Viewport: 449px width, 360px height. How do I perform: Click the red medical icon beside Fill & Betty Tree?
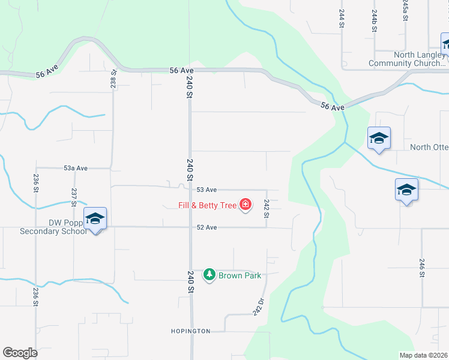pyautogui.click(x=245, y=205)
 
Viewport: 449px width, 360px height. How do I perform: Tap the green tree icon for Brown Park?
pyautogui.click(x=209, y=275)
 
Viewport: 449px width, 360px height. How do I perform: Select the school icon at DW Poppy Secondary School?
pyautogui.click(x=95, y=218)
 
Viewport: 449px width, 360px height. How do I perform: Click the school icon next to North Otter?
pyautogui.click(x=379, y=139)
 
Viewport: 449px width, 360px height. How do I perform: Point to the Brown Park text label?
pyautogui.click(x=240, y=276)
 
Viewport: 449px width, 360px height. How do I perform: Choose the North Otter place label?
pyautogui.click(x=429, y=148)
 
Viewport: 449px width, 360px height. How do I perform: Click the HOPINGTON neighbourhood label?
pyautogui.click(x=190, y=331)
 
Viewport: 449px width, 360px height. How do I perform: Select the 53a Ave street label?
pyautogui.click(x=76, y=169)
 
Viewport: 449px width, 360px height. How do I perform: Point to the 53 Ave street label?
pyautogui.click(x=206, y=190)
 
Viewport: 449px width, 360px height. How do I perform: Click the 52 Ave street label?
pyautogui.click(x=206, y=227)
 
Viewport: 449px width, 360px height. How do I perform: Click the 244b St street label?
pyautogui.click(x=374, y=21)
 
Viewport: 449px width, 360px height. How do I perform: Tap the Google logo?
pyautogui.click(x=20, y=353)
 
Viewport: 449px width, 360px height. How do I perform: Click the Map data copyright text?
pyautogui.click(x=424, y=355)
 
